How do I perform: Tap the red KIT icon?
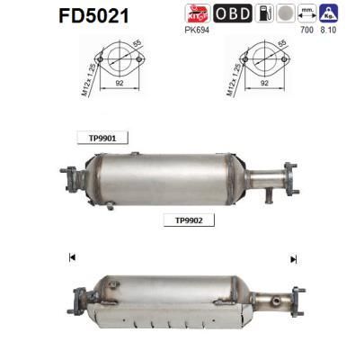[197, 13]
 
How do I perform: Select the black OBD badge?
[232, 13]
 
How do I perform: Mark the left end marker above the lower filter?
[71, 259]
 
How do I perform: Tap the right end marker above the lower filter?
[293, 259]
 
